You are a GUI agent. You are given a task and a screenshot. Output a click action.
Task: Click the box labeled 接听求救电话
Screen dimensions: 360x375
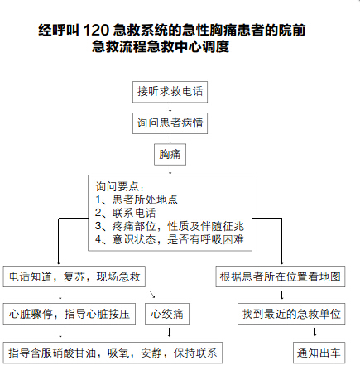(170, 92)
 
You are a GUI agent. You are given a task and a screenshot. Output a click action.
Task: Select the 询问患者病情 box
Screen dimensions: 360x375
(170, 123)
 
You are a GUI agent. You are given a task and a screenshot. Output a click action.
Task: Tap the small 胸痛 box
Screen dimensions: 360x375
(170, 154)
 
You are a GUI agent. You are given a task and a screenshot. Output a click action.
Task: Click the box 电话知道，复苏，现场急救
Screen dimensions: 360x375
(74, 276)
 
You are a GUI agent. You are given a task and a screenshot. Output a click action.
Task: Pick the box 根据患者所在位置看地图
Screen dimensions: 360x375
(281, 276)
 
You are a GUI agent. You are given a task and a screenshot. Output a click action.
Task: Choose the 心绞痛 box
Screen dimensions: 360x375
(167, 314)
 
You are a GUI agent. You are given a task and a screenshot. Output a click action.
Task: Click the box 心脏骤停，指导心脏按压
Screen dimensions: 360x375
(70, 314)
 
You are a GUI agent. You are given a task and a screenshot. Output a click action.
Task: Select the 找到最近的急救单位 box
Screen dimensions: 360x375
(291, 314)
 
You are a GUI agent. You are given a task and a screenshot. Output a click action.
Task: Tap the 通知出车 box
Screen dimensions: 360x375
(319, 353)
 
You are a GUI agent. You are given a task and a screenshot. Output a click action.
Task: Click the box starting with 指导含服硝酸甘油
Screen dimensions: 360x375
(113, 353)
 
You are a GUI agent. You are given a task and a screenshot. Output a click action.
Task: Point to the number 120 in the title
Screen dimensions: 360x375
(96, 30)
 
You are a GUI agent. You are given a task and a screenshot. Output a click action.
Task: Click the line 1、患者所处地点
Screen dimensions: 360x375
(137, 200)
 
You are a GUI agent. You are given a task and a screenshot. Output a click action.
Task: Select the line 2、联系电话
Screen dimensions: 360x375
(126, 213)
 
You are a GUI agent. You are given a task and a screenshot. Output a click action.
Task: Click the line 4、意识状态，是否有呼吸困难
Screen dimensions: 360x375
(170, 239)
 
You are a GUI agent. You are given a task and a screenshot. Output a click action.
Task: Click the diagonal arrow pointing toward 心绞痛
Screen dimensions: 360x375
(152, 295)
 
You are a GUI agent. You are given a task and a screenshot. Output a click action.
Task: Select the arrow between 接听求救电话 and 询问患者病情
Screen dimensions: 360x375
(170, 108)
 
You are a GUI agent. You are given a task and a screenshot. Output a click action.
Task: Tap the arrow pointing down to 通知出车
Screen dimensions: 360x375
(315, 332)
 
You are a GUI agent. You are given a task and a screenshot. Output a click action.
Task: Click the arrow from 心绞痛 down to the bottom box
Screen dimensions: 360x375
(170, 332)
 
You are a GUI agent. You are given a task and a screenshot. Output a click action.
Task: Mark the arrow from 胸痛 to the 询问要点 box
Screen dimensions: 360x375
(170, 170)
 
